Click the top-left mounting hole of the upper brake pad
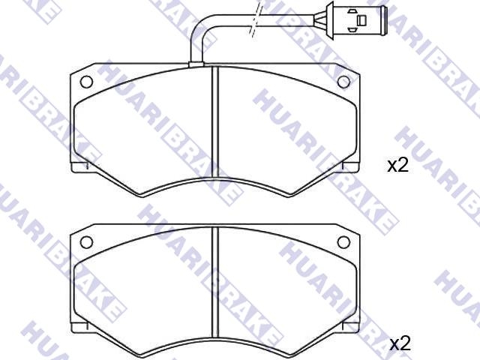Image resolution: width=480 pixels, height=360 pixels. tap(86, 82)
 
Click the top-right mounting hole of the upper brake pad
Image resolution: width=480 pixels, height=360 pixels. tap(343, 82)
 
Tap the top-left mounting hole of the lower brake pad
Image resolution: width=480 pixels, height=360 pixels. tap(86, 242)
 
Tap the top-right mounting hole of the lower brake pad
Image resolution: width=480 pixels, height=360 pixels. tap(343, 242)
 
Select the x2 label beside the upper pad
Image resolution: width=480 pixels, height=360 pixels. tap(398, 166)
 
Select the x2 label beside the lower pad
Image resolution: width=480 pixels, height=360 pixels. tap(400, 344)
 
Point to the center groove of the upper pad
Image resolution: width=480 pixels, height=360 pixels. tap(215, 121)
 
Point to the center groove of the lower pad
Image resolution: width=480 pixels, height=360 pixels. tap(215, 282)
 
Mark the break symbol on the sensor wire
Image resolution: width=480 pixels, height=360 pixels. tap(255, 19)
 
